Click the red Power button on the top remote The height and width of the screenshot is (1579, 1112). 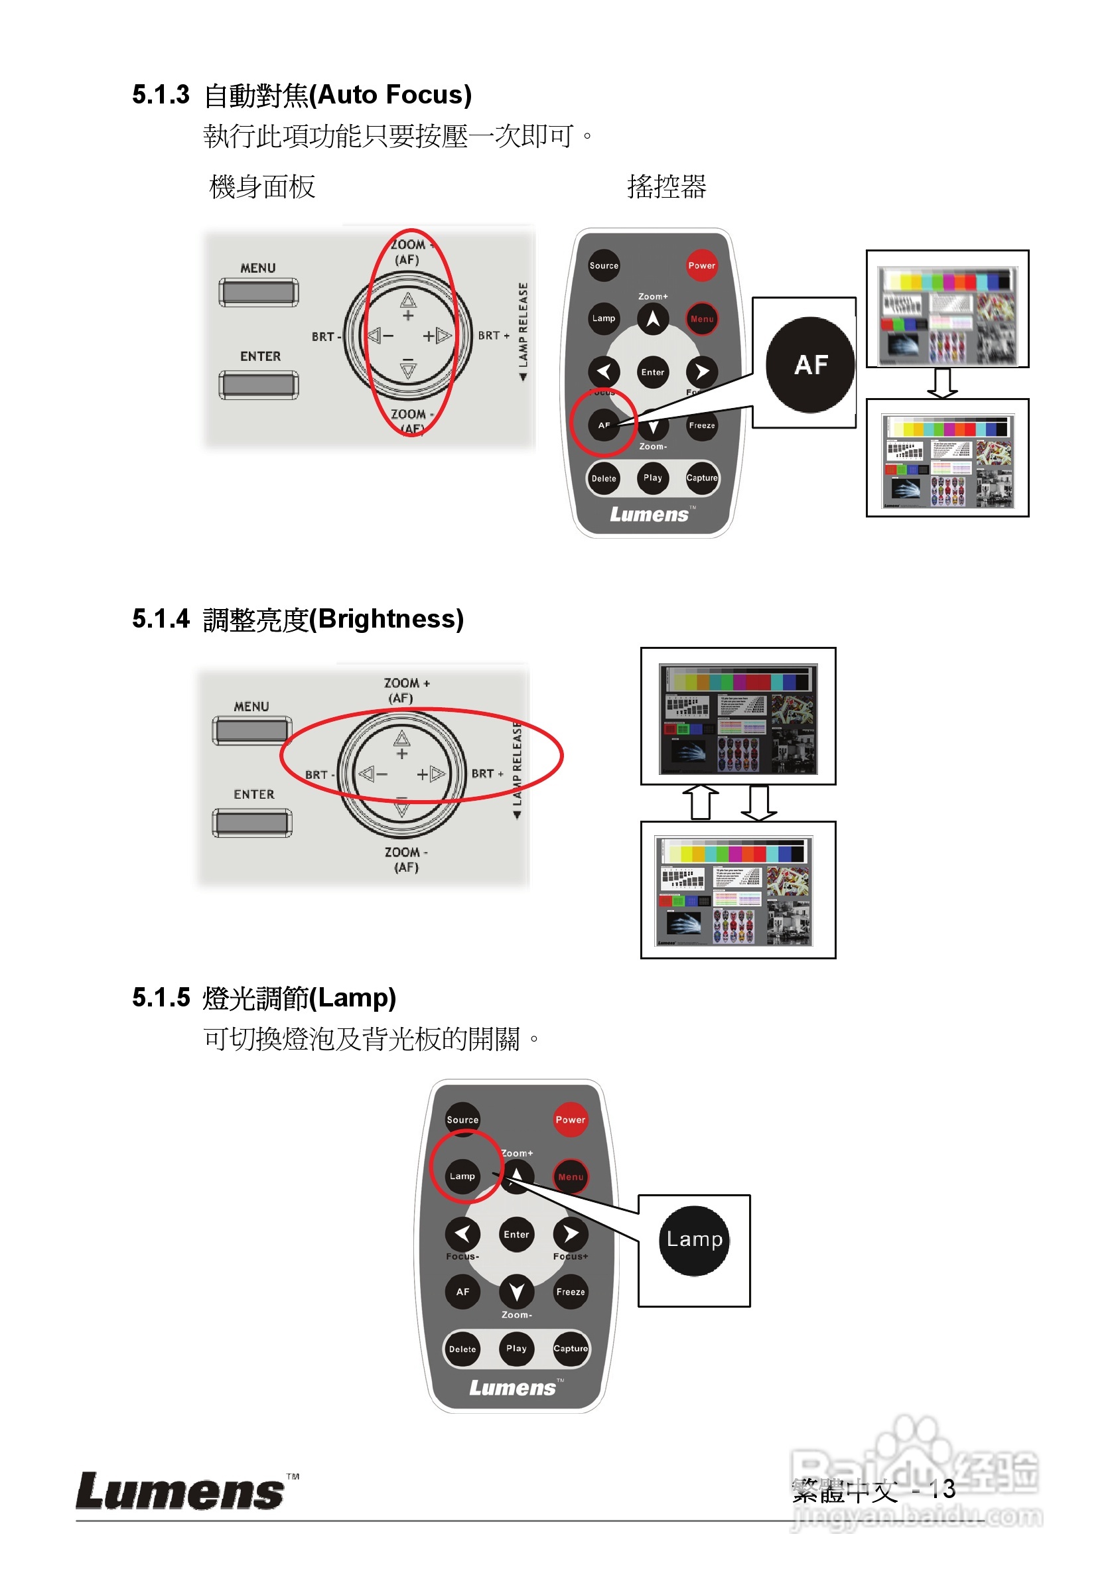point(701,265)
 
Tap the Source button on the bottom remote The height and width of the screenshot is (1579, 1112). point(462,1120)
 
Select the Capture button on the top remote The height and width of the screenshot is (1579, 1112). point(701,478)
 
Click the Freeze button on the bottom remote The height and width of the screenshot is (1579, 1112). point(570,1292)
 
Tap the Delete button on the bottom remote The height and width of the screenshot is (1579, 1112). point(462,1349)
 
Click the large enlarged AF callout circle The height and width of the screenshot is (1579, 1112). point(810,364)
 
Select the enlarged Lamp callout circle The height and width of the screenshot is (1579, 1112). point(694,1239)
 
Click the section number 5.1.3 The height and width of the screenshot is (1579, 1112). point(161,95)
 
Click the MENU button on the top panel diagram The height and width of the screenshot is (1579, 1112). point(259,292)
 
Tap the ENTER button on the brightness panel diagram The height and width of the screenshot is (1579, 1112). point(252,822)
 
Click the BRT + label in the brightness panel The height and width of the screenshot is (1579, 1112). point(487,774)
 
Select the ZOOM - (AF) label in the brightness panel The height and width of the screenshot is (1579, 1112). point(406,859)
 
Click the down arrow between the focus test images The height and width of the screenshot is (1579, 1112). point(941,383)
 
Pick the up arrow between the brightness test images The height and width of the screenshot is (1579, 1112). point(700,802)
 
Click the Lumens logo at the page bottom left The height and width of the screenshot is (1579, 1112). point(180,1491)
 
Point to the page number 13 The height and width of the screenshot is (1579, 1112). point(941,1489)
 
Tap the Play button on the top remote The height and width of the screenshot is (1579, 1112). point(652,477)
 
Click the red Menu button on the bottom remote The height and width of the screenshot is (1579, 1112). point(570,1177)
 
